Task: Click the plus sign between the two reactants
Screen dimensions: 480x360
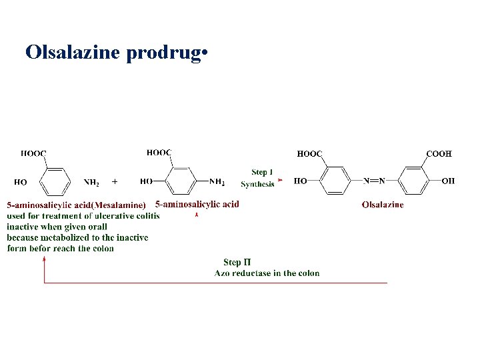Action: coord(115,181)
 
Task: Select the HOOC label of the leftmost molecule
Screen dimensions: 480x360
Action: coord(33,153)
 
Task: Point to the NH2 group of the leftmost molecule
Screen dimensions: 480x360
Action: coord(92,181)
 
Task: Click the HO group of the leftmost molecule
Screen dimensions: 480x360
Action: coord(21,181)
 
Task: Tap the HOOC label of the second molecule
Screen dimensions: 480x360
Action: coord(159,153)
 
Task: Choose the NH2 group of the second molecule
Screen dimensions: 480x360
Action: coord(217,181)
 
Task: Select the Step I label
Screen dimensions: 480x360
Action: coord(262,173)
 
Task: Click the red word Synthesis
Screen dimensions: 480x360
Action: coord(257,184)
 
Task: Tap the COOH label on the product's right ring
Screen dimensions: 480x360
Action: coord(439,153)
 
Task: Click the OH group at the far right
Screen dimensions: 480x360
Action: coord(448,181)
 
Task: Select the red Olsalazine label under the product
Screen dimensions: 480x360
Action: coord(383,205)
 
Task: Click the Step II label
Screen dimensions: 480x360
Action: coord(237,263)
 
